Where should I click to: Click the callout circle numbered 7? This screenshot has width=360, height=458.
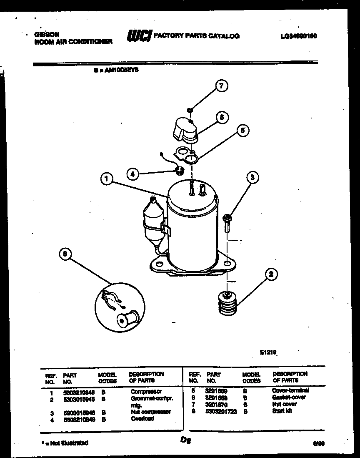point(221,86)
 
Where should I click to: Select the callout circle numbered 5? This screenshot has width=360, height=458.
point(222,118)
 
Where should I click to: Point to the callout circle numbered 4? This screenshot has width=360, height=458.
point(132,174)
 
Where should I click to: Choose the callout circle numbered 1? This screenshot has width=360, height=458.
point(107,179)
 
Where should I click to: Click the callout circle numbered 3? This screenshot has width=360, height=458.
point(252,178)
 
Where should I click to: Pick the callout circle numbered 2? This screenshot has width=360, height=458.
point(271,274)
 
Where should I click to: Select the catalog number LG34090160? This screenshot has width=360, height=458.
point(299,36)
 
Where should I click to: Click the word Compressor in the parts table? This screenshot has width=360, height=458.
point(145,392)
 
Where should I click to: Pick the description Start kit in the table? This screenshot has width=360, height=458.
point(282,411)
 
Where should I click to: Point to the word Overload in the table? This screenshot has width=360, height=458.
point(142,418)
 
